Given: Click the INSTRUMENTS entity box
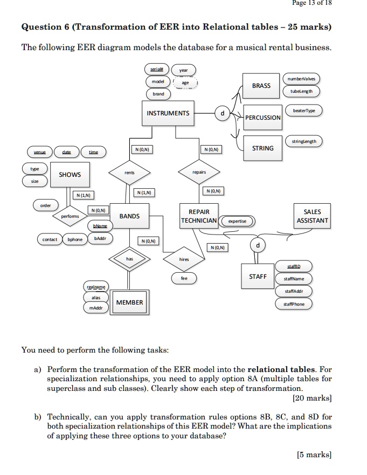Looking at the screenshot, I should [168, 113].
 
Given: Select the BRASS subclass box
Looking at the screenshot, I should [261, 86].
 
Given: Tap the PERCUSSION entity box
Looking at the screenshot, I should [263, 118].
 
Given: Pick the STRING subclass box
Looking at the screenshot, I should [263, 148].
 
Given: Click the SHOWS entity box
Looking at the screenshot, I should [70, 175].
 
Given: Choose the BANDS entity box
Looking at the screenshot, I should [129, 216].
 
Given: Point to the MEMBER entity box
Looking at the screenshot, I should [130, 302].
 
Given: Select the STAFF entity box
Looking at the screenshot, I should [258, 277].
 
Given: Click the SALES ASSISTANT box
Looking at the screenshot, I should [312, 216].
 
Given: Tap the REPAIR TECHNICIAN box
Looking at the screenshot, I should [199, 216].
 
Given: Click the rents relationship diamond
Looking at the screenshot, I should [129, 173].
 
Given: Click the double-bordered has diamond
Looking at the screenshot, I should [129, 259].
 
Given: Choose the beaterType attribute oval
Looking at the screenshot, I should [304, 111].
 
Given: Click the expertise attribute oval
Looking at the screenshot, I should [237, 221].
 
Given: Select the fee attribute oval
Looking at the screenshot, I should [184, 279].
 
